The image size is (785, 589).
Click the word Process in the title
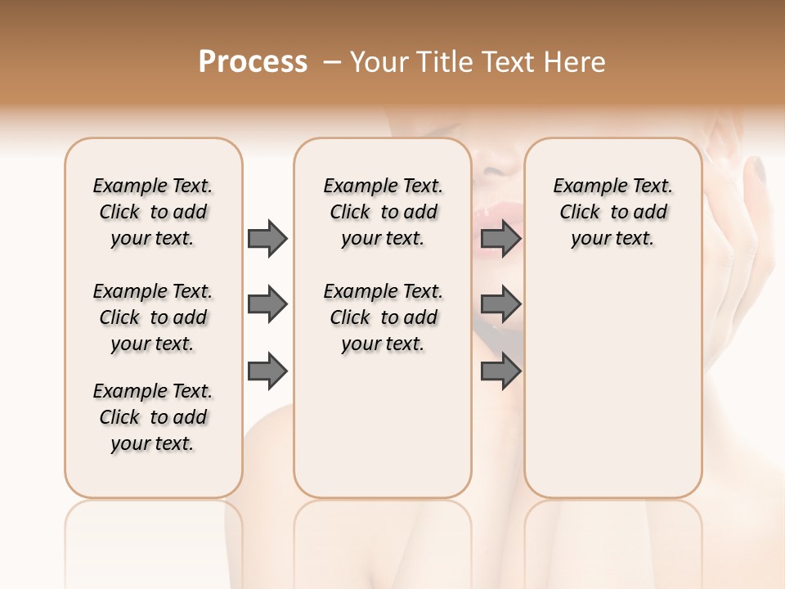pos(253,62)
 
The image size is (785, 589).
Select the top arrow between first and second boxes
pos(267,238)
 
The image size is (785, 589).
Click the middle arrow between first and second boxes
pos(267,305)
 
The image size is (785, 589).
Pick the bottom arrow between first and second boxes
pos(267,371)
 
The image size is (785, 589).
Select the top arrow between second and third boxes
pos(500,238)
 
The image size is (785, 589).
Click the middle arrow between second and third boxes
pos(500,305)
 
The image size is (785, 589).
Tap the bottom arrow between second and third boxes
pos(500,371)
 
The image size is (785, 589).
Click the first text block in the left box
pos(153,212)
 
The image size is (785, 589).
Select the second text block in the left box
pos(153,317)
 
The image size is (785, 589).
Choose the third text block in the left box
pos(153,417)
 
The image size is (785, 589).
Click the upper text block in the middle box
pos(383,212)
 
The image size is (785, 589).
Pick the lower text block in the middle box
pos(383,317)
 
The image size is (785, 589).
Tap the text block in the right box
pos(613,212)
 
